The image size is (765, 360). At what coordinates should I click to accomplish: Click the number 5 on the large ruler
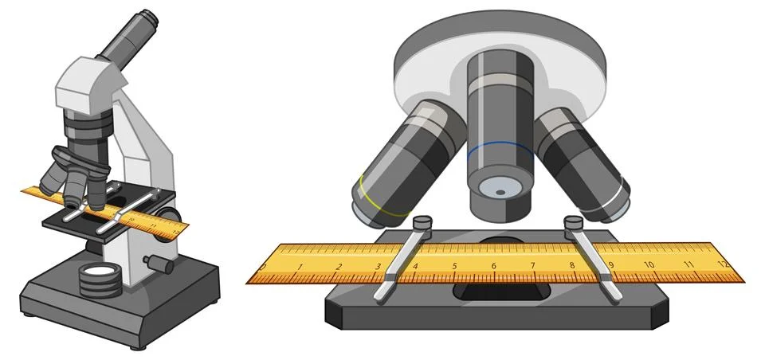point(454,267)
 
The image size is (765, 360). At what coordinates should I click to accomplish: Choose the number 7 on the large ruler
point(532,267)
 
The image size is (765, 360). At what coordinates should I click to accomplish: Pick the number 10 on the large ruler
point(649,265)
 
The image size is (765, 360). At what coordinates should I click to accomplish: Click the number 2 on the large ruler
point(339,267)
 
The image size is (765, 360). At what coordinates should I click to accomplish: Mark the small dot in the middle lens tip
point(500,192)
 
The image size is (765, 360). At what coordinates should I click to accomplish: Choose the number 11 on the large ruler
point(686,264)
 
